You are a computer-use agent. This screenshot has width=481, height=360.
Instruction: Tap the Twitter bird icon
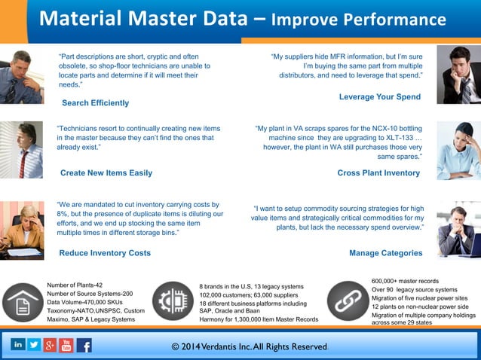34,345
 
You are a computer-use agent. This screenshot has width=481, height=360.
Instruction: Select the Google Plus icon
50,346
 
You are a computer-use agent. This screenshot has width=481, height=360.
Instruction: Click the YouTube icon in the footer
66,346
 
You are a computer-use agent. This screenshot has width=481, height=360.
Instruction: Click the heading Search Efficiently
95,102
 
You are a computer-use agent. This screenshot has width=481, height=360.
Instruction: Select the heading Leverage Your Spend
379,97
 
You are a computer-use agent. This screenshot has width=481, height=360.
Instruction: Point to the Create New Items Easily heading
106,172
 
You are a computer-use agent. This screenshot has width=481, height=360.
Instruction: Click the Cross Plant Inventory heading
378,172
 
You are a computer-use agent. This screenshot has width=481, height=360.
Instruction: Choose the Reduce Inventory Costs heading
105,253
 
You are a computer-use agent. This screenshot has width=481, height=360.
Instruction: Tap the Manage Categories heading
385,253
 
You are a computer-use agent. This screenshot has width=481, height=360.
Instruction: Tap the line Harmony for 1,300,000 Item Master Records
259,320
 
